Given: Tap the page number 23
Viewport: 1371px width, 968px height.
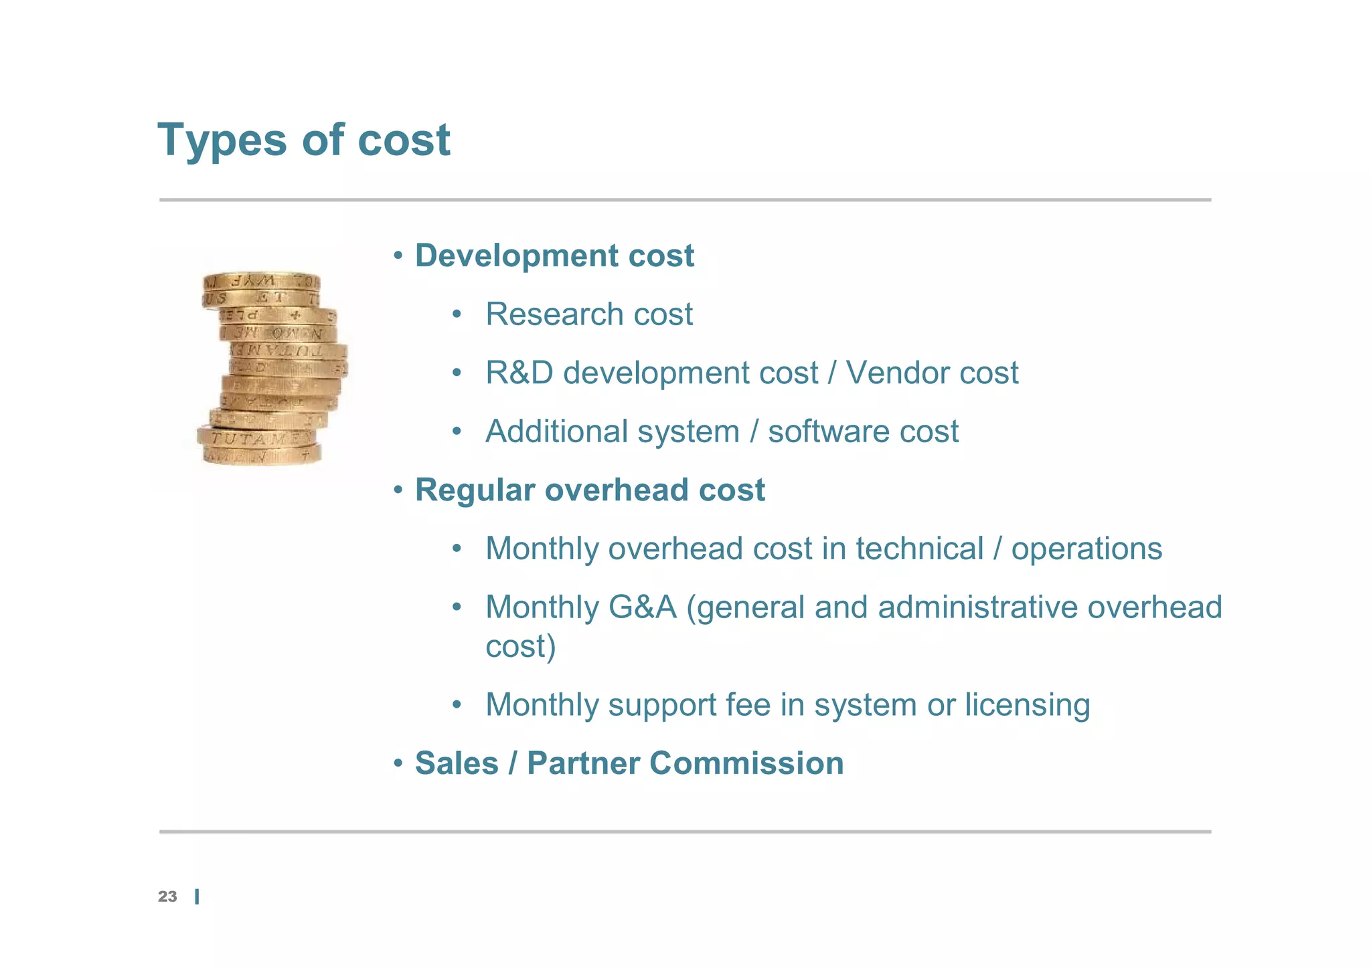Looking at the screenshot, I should click(x=167, y=896).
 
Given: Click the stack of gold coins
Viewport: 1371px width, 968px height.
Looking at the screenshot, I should click(x=271, y=369).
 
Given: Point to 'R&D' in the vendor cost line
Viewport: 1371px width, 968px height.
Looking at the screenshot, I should click(x=519, y=373).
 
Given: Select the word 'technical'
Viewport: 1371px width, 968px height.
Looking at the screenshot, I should click(x=919, y=549).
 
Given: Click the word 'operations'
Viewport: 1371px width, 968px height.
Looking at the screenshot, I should click(x=1086, y=549).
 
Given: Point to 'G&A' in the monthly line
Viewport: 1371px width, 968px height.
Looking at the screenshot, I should click(x=642, y=607).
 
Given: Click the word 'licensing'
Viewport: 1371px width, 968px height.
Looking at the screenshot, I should click(x=1027, y=704).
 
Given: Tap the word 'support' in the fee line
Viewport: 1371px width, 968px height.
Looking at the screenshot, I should click(x=662, y=706).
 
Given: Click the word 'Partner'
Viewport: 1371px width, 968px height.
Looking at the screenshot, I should click(x=582, y=763).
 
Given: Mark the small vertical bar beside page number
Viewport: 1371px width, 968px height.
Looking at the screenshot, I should click(x=197, y=897).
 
